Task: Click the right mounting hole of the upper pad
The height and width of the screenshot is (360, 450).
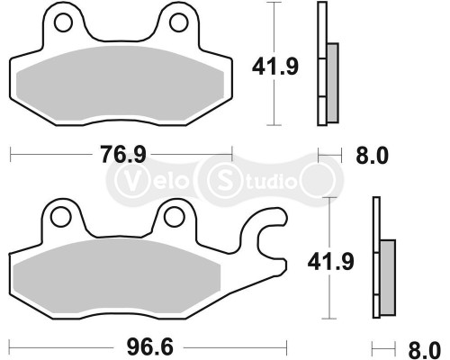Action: (x=177, y=20)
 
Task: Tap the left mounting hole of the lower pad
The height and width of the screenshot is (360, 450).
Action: (x=61, y=217)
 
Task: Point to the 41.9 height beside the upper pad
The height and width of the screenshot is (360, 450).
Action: (x=274, y=66)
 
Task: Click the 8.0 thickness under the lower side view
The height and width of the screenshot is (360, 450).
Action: (x=423, y=347)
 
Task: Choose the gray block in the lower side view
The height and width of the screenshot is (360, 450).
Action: (x=387, y=277)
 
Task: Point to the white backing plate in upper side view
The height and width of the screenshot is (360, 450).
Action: (x=319, y=63)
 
